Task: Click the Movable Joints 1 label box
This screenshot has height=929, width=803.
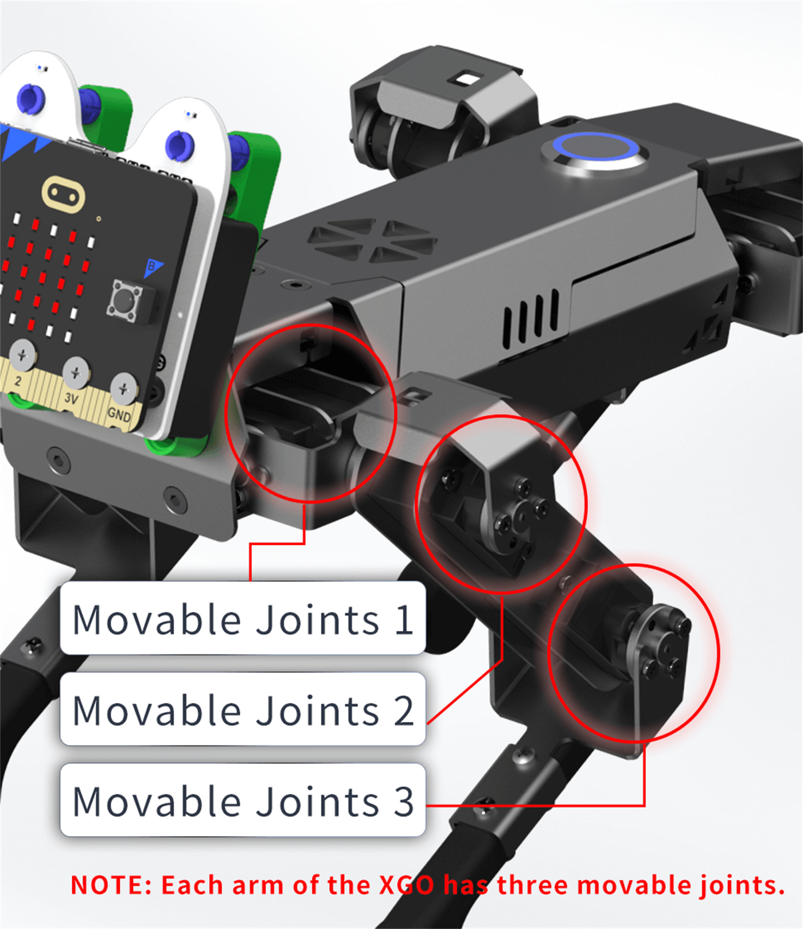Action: [243, 618]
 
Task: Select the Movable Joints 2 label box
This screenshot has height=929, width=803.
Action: [243, 709]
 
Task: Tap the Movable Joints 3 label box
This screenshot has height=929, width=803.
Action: [243, 800]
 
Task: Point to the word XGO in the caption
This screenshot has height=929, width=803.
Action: [407, 885]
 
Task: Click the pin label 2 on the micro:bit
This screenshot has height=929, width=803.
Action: [18, 381]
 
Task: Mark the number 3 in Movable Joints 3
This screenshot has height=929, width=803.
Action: [403, 801]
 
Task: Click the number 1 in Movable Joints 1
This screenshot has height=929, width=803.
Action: [404, 619]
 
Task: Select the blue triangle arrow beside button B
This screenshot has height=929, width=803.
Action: [153, 268]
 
